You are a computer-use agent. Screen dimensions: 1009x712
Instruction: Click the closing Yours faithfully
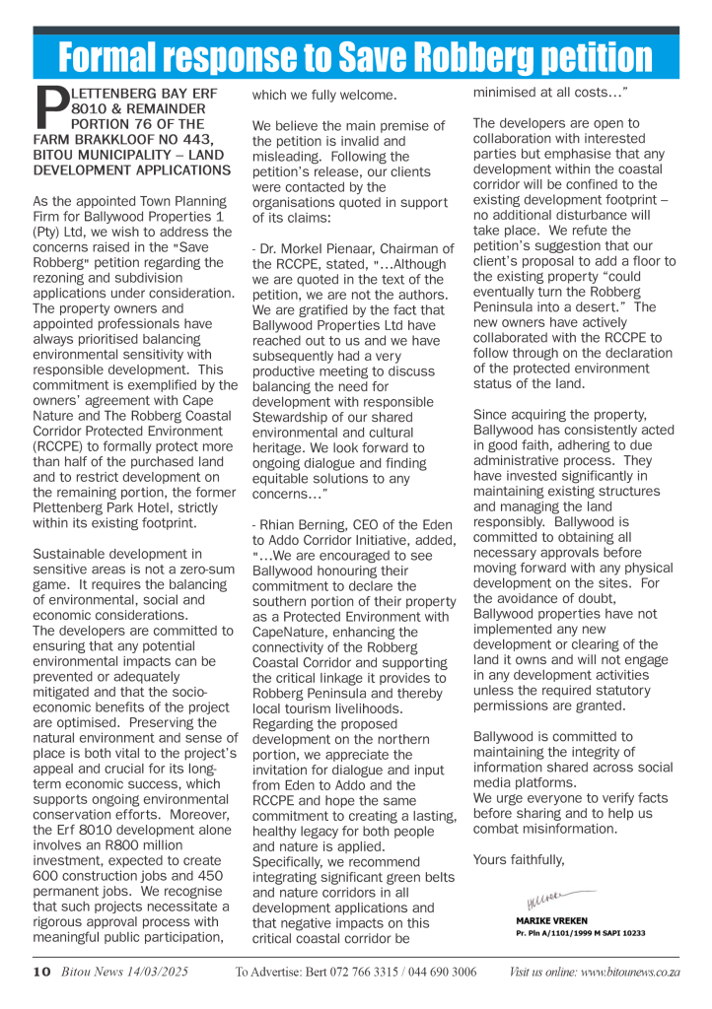(x=519, y=859)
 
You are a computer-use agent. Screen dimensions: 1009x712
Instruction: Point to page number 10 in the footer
(x=40, y=972)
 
